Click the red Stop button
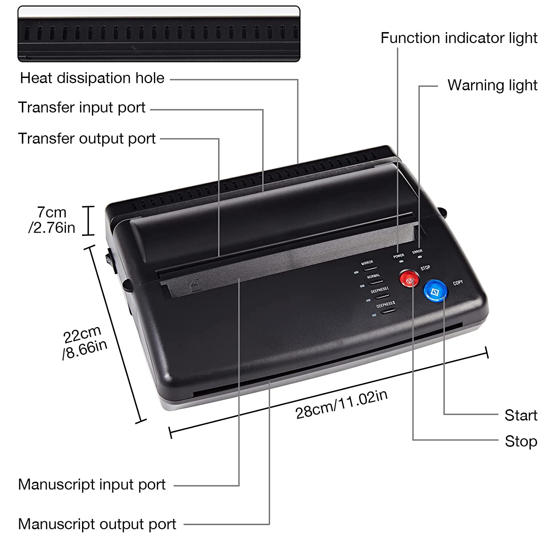(409, 278)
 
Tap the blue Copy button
(435, 290)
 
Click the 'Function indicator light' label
(459, 38)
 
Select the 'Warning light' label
(492, 85)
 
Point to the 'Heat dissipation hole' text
(92, 78)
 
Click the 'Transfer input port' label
(82, 108)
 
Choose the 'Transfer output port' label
(87, 139)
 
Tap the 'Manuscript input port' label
(92, 485)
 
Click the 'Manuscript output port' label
(97, 524)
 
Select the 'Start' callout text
(521, 415)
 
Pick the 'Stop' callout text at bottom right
(521, 442)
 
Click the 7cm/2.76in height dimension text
(52, 220)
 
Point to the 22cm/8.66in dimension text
(85, 342)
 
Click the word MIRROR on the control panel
(367, 263)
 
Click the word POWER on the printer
(399, 256)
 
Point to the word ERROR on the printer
(417, 251)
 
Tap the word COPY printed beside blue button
(458, 283)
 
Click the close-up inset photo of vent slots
(159, 34)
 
